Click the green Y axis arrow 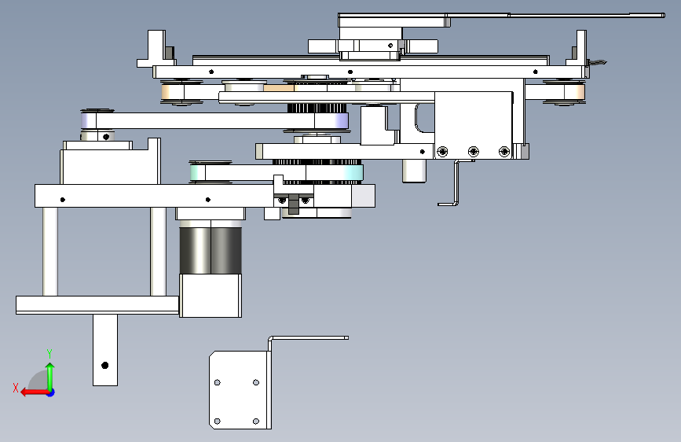coord(50,376)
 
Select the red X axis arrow coord(35,392)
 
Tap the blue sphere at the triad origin coord(51,392)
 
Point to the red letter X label coord(16,388)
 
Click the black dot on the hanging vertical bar coord(104,366)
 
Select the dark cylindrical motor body coord(211,251)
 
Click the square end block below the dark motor coord(211,296)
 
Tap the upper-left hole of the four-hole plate coord(218,382)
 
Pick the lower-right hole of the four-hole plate coord(256,421)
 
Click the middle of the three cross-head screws coord(474,151)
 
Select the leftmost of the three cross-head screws coord(442,151)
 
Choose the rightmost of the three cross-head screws coord(504,151)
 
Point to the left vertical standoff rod coord(50,252)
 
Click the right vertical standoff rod coord(158,252)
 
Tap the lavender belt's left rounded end coord(88,120)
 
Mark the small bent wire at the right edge coord(597,63)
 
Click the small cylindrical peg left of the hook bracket coord(414,171)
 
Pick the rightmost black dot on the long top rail coord(536,72)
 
